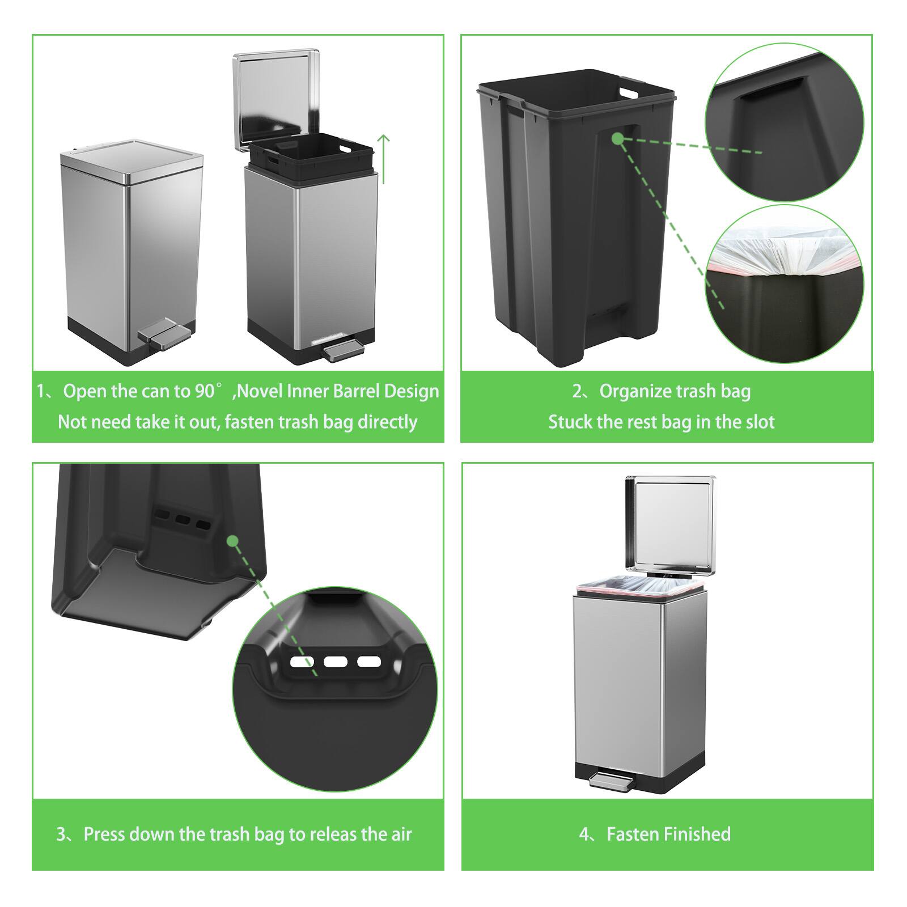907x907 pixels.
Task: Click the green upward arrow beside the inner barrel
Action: (x=384, y=159)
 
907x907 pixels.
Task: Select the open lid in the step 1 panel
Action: (x=276, y=99)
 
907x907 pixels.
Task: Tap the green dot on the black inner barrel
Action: (x=618, y=138)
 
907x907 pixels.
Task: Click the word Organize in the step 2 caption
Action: (x=635, y=391)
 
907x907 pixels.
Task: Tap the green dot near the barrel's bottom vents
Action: (x=232, y=541)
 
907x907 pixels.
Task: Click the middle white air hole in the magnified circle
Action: (x=335, y=662)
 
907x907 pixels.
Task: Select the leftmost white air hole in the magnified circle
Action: (x=302, y=662)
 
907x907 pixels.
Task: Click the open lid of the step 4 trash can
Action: (x=669, y=524)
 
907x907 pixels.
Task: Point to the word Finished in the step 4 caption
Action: (x=697, y=834)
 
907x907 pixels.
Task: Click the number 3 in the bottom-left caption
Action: (x=62, y=834)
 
